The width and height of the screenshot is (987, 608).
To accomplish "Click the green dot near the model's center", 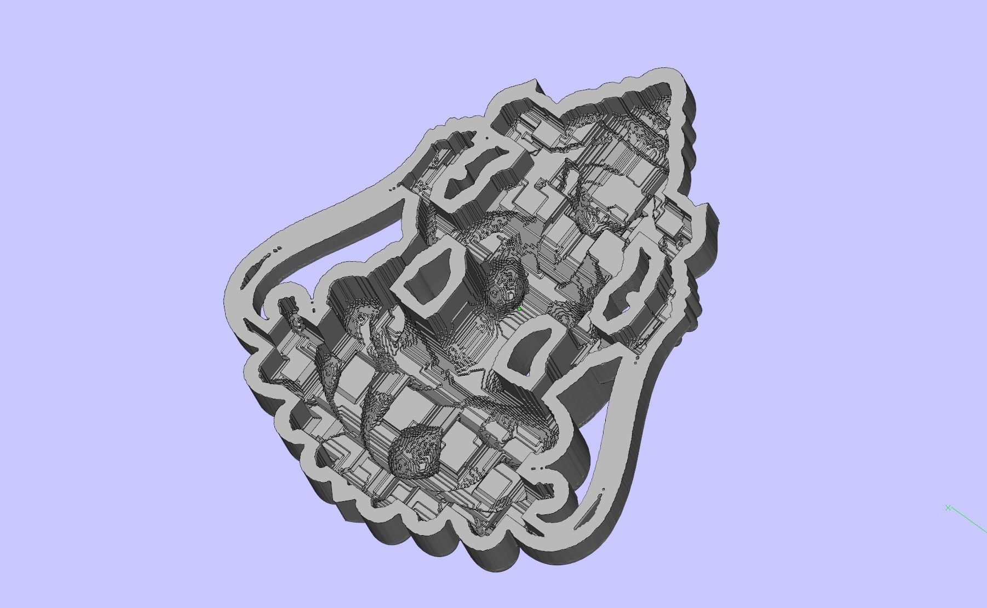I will pos(519,309).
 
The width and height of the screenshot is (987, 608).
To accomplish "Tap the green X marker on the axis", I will pos(948,508).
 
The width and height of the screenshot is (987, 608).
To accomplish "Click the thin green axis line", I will pos(969,520).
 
